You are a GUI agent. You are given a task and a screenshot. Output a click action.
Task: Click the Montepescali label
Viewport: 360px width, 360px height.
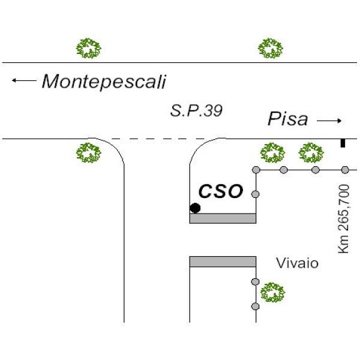coord(104,82)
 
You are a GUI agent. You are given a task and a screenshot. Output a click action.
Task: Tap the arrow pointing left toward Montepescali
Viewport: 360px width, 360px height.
coord(24,80)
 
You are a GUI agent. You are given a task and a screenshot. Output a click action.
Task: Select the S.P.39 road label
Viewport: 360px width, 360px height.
coord(196,110)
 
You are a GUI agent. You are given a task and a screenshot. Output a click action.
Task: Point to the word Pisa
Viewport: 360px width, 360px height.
coord(287,119)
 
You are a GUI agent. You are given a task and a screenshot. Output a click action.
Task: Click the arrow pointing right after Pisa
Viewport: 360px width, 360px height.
coord(329,121)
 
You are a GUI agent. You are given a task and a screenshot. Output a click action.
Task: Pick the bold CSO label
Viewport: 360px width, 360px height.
coord(221,191)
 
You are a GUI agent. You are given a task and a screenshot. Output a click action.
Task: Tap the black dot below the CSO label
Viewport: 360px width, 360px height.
coord(195,208)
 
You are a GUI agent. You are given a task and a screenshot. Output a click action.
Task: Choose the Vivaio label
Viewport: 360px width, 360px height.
coord(298,263)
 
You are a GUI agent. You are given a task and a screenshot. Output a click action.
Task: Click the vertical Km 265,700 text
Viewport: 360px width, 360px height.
coord(344,218)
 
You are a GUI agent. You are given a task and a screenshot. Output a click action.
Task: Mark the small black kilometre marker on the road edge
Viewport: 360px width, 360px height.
coord(343,143)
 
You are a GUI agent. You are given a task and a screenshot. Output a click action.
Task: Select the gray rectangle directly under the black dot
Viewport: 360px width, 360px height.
coord(223,218)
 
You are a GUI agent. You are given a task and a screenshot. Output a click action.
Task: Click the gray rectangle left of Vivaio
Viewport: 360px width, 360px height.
coord(223,262)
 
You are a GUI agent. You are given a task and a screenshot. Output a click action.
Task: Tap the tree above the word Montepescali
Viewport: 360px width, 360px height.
coord(89,48)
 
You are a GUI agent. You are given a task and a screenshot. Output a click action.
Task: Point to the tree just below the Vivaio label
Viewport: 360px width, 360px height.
coord(273,293)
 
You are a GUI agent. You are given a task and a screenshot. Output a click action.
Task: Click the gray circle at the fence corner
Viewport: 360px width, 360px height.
coord(256,170)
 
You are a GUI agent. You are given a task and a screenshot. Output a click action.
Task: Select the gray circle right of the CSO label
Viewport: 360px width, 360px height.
coord(256,194)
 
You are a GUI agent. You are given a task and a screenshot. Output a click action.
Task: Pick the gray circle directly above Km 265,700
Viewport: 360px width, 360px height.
coord(345,170)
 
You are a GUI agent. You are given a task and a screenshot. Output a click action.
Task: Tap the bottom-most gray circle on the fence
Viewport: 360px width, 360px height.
coord(256,306)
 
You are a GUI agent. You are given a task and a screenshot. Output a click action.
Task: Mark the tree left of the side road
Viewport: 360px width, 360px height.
coord(89,152)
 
